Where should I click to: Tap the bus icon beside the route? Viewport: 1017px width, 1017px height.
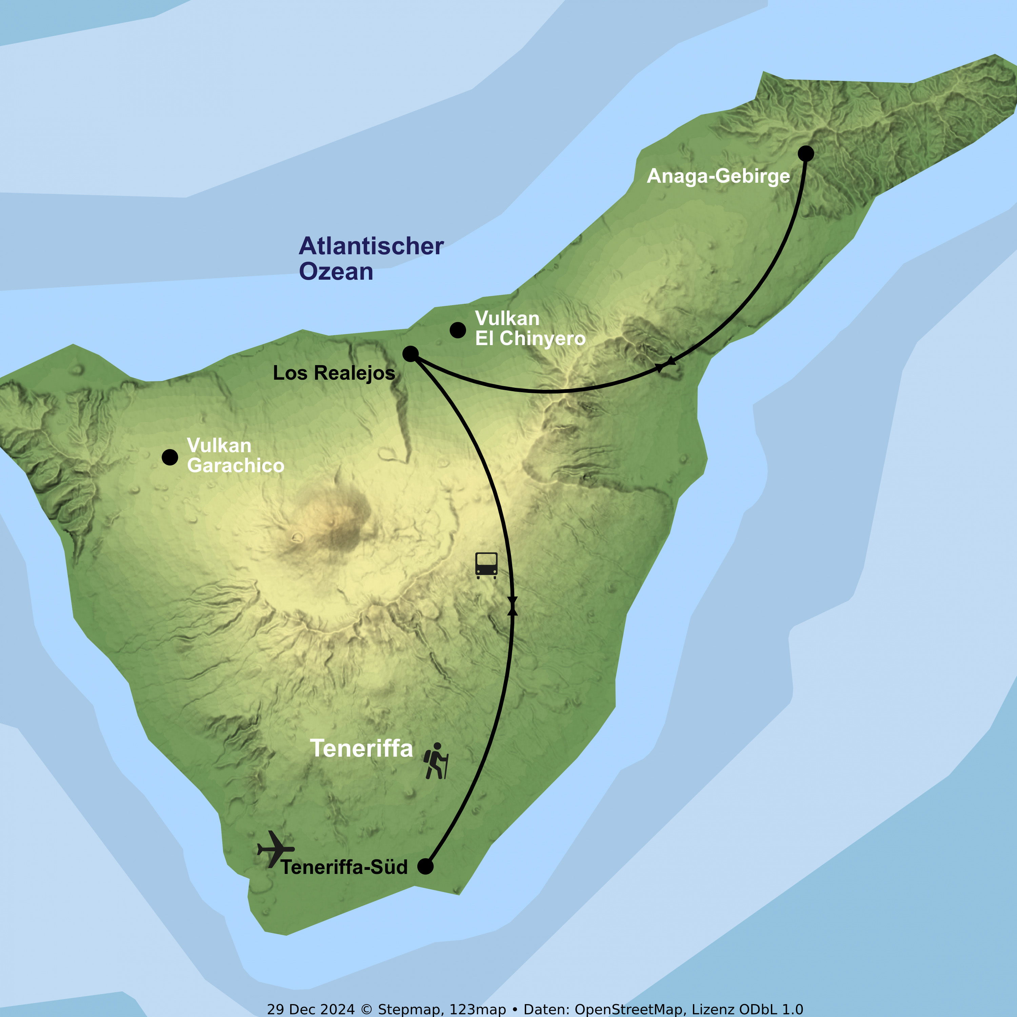(486, 565)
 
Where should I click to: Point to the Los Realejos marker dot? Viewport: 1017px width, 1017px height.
(410, 354)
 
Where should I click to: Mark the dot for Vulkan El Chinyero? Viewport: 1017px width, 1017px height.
(457, 330)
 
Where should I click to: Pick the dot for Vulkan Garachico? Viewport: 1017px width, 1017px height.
(169, 457)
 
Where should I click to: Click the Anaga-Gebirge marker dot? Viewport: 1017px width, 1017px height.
(805, 154)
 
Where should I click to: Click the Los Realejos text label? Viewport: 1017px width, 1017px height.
(334, 373)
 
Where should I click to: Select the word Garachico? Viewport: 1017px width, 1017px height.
(235, 465)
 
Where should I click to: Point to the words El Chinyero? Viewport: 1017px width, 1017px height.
(530, 338)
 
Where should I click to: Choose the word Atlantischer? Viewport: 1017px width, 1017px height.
(371, 246)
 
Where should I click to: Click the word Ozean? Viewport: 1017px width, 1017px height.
(336, 272)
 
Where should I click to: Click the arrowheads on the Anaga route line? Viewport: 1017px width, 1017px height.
(664, 364)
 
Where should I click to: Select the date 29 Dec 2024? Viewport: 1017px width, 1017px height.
(311, 1009)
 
